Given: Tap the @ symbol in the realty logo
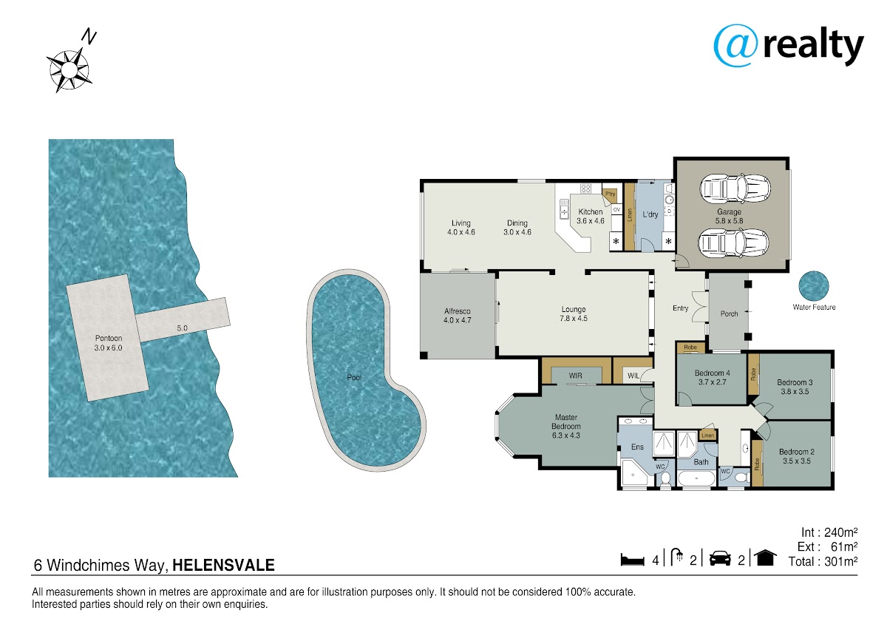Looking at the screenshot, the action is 735,46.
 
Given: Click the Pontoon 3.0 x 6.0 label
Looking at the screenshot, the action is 108,343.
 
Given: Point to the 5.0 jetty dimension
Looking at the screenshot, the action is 182,328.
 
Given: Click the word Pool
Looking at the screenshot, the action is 354,378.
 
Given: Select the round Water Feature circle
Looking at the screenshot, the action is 814,285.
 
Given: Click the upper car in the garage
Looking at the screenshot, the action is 735,189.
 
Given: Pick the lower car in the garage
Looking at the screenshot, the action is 733,243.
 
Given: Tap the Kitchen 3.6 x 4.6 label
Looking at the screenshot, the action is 591,216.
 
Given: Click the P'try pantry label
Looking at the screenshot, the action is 611,194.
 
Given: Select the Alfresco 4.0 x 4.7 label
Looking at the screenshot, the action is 458,316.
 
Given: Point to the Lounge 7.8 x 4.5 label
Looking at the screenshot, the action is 574,313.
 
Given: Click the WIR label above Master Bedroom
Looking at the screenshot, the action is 575,376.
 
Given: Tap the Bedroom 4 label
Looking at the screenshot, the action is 713,373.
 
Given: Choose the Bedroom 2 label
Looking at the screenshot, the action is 797,452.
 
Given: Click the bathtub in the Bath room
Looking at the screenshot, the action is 696,478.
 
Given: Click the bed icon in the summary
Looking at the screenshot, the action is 633,560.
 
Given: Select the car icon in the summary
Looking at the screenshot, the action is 720,558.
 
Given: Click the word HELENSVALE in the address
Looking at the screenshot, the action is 223,565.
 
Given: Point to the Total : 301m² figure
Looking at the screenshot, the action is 823,562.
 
